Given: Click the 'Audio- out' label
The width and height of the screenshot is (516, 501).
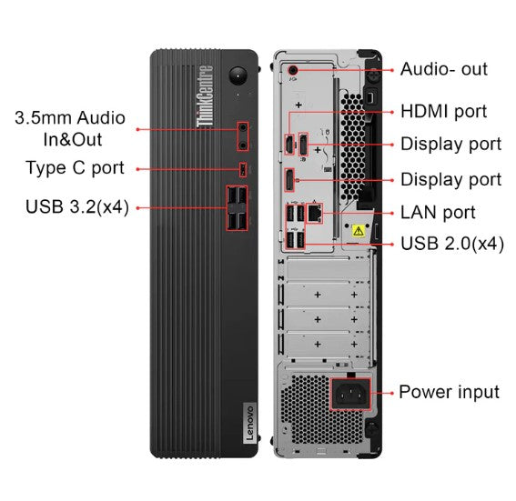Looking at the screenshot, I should [444, 69].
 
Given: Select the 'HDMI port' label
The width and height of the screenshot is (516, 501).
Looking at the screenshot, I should [444, 111].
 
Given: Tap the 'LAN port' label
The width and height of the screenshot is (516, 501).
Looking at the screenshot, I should [438, 213].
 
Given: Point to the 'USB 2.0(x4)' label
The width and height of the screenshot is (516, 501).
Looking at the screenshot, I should [452, 244].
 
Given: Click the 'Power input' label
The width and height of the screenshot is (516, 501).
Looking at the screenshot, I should [449, 392].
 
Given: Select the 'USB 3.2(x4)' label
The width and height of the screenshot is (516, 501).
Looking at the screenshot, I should [76, 208].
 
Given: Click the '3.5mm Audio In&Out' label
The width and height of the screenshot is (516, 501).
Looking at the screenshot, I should [69, 129].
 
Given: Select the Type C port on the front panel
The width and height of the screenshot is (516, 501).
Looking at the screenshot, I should [242, 168].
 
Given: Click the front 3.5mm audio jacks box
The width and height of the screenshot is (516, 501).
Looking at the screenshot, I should [243, 135].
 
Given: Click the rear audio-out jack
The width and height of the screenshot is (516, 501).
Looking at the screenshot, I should [292, 69].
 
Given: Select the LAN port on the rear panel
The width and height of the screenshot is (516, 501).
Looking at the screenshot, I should [313, 213].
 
